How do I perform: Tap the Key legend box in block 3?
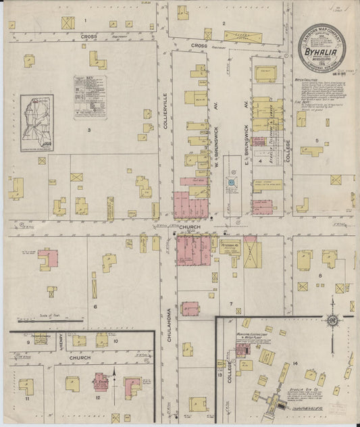90,97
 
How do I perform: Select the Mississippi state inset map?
36,122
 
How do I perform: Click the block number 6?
95,307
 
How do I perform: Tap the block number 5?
316,141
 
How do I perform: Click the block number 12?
99,398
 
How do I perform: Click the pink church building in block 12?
101,383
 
